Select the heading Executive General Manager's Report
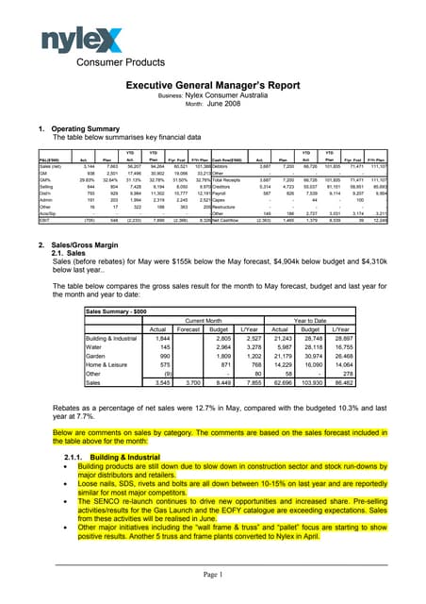(x=213, y=85)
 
